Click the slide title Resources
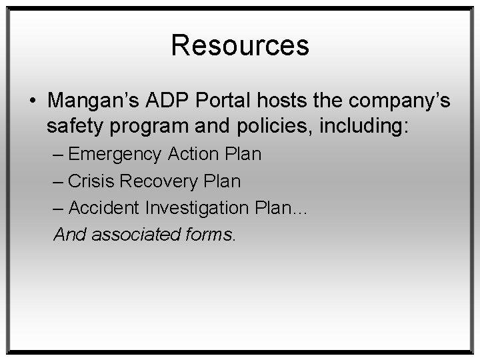click(240, 45)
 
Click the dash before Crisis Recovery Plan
click(59, 181)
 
